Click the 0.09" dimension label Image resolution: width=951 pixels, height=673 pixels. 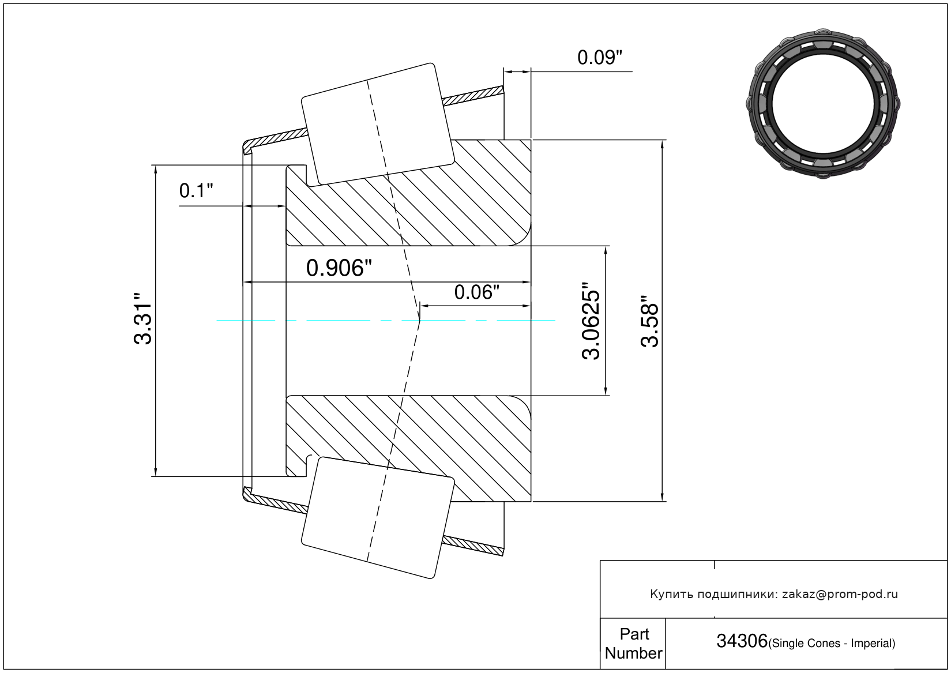pos(599,57)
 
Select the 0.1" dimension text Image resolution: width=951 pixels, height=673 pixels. pos(196,191)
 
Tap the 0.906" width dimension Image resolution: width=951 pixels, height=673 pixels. pos(339,268)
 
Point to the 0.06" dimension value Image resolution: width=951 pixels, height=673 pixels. pos(476,292)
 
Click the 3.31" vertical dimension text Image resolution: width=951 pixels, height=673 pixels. pos(142,318)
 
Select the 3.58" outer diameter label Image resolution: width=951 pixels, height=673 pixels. pos(649,321)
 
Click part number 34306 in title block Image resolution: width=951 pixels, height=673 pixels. pos(742,641)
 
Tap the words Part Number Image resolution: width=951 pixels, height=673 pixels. pos(634,644)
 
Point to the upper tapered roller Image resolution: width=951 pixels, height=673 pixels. pos(378,125)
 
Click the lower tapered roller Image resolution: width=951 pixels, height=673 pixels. pos(378,518)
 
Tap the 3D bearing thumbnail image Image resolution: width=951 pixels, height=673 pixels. pos(823,104)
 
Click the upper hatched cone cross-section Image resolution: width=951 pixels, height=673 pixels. pos(408,193)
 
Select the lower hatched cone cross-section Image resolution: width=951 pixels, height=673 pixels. pos(408,449)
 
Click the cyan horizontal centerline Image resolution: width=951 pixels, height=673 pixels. pos(386,321)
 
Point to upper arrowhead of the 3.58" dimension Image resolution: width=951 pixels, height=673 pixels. pos(662,145)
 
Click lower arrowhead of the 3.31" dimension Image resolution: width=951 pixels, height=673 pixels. pos(156,471)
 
